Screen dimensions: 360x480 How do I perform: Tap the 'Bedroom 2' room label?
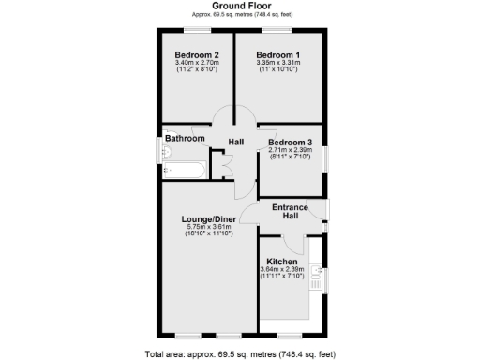click(197, 55)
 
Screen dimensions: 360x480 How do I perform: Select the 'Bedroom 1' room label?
click(278, 55)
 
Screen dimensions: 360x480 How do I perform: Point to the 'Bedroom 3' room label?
click(291, 142)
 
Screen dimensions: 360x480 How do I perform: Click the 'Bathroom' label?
click(185, 139)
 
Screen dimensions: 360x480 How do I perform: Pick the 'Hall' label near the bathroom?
click(236, 142)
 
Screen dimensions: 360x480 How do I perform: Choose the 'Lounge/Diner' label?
click(208, 219)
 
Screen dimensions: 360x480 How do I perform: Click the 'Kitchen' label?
click(282, 262)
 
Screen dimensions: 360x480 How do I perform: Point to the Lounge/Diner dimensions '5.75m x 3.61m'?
click(208, 227)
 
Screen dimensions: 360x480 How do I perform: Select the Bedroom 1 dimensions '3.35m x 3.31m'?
click(278, 63)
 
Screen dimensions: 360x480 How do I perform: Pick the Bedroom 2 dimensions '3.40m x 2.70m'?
click(197, 63)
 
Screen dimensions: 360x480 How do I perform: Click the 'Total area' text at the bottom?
click(240, 353)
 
